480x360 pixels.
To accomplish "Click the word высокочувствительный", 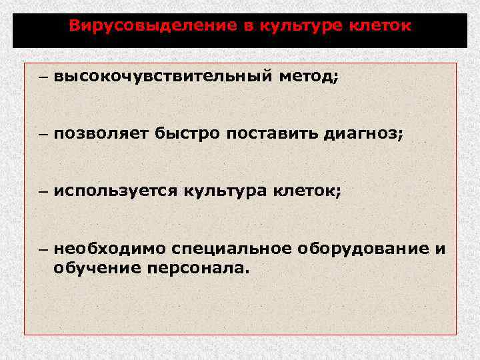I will click(163, 77).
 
